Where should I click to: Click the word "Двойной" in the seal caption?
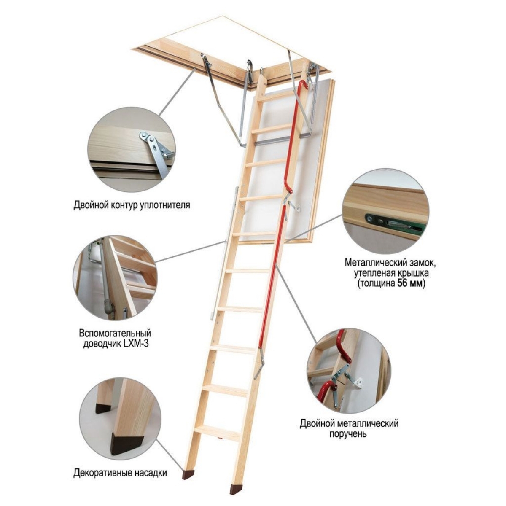coord(88,205)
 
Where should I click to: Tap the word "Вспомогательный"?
coord(115,333)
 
